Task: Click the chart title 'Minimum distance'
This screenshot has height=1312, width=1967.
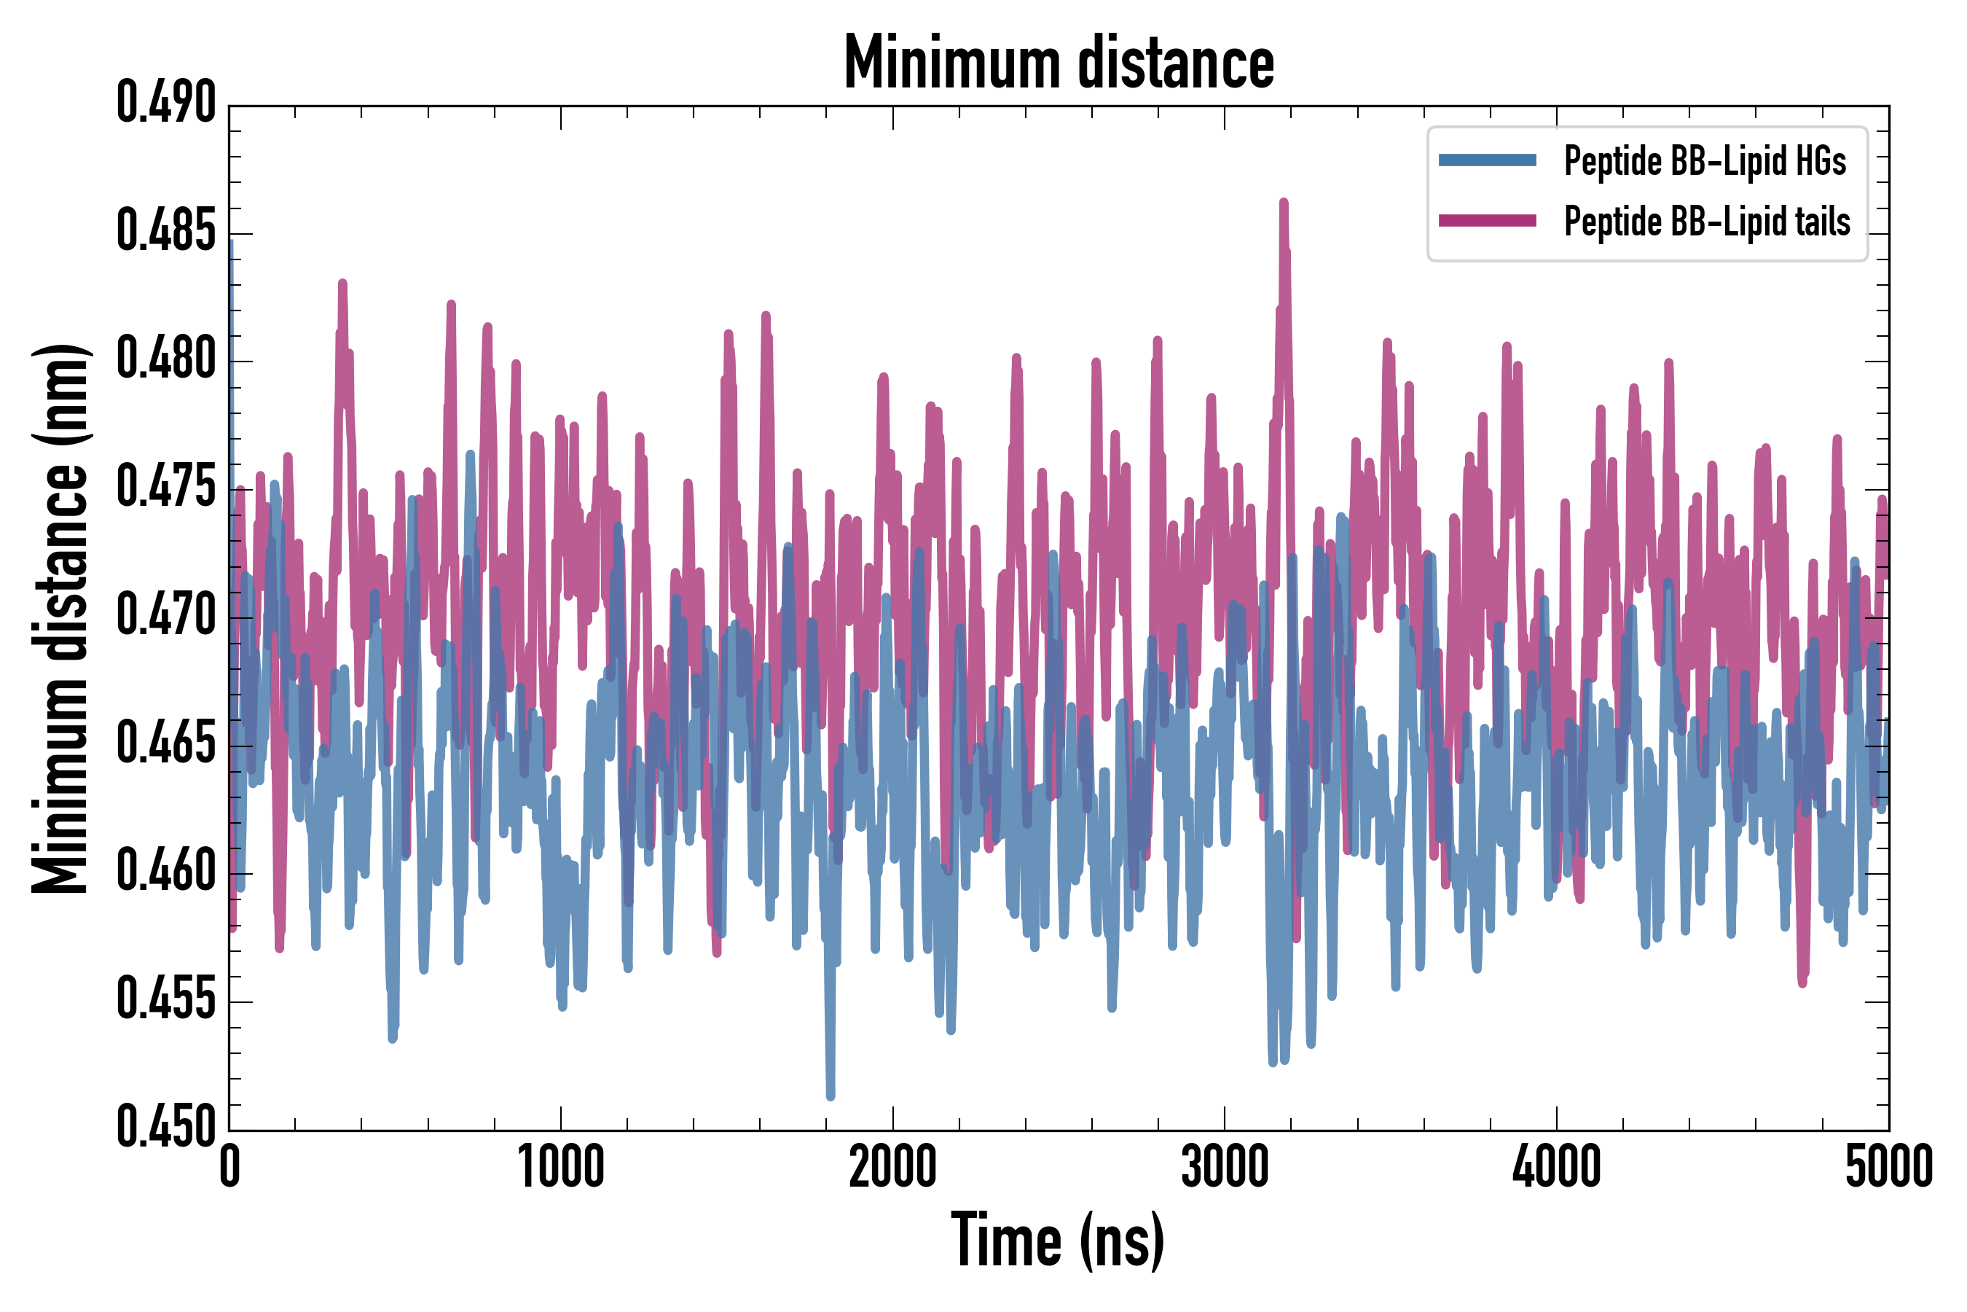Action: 1059,62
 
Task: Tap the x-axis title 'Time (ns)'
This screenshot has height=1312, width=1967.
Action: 1058,1240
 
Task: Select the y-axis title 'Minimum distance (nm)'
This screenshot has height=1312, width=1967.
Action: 60,618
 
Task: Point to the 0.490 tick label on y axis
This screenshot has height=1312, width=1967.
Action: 166,104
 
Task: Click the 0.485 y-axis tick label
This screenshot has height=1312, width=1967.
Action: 166,232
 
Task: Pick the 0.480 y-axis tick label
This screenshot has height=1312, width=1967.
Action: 166,360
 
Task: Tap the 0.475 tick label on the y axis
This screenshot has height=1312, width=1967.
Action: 166,488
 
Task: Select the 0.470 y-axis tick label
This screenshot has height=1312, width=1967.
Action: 166,617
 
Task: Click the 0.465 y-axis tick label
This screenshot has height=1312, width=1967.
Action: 166,745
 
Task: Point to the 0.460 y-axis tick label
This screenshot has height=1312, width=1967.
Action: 166,872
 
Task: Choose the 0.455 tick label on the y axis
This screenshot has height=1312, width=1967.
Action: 166,1001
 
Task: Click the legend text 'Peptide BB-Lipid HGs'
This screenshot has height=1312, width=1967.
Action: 1705,160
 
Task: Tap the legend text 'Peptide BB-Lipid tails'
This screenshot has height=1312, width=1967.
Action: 1708,222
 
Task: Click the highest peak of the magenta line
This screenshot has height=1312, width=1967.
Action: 1284,203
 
